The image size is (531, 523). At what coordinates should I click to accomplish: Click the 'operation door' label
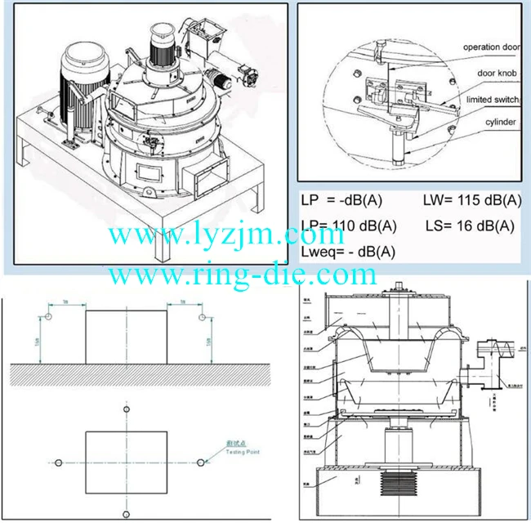coord(492,47)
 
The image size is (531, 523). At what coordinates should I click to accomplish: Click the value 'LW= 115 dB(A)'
coord(471,200)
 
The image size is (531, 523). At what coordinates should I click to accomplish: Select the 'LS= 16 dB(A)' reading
coord(470,226)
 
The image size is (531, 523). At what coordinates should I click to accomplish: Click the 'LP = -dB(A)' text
coord(342,200)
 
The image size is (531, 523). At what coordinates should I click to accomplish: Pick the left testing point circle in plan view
coord(58,463)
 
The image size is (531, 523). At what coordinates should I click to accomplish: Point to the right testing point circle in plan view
coord(199,463)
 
